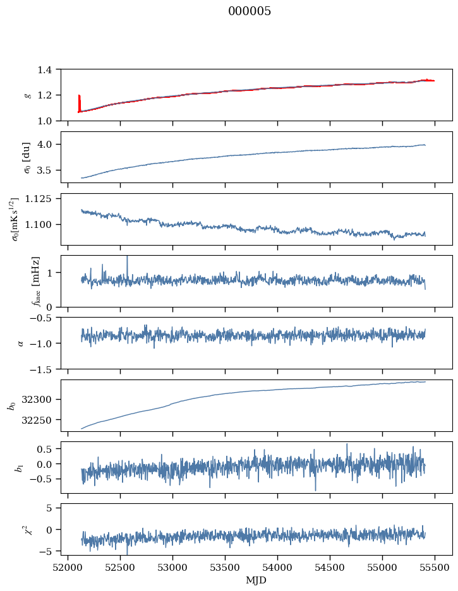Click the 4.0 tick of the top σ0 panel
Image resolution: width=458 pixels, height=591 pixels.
(48, 145)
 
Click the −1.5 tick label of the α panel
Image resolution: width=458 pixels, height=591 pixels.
(45, 369)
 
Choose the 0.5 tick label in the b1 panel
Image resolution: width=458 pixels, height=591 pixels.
(48, 449)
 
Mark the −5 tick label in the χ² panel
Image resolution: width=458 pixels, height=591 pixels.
(50, 551)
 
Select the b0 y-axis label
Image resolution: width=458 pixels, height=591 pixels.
(11, 405)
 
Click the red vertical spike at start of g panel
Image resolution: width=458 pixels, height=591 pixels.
(79, 102)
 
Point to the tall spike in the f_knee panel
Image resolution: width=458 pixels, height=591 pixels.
(128, 262)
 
